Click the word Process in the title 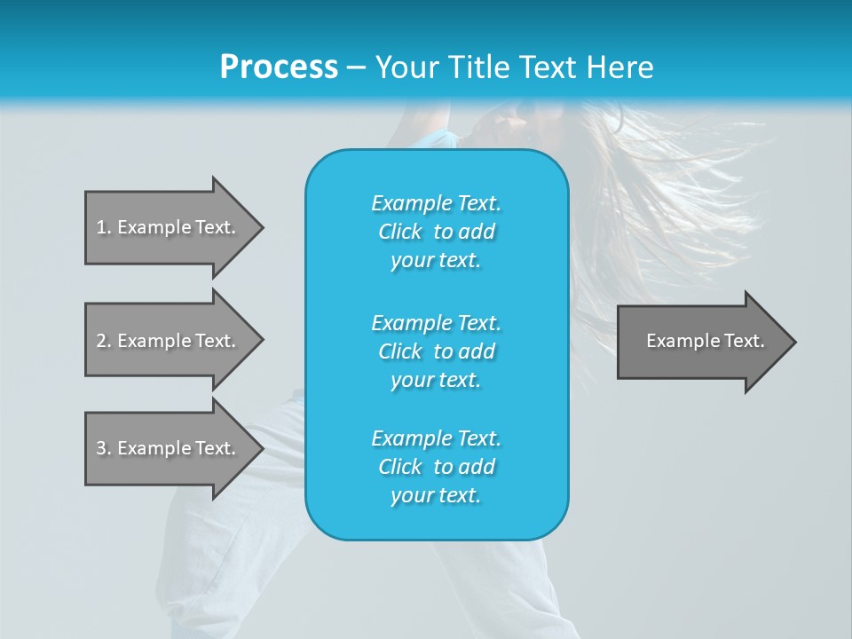(x=279, y=67)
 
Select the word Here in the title (x=621, y=67)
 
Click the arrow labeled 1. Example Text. (x=166, y=227)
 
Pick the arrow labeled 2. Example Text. (x=166, y=341)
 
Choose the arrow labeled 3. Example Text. (x=166, y=448)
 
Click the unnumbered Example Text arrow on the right (x=705, y=341)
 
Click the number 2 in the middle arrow (x=101, y=341)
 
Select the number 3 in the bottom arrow (x=101, y=448)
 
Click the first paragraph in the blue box (x=437, y=232)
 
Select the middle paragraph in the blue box (x=437, y=351)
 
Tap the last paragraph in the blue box (x=437, y=467)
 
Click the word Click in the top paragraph (x=400, y=232)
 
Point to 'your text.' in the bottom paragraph (x=436, y=495)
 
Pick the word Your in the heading (x=407, y=67)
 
